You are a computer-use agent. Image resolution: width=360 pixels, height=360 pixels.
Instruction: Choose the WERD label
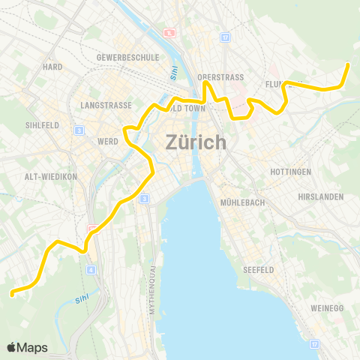(x=108, y=141)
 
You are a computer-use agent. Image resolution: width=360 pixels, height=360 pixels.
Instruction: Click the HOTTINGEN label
(x=290, y=172)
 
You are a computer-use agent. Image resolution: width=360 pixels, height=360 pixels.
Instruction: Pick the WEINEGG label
(x=327, y=308)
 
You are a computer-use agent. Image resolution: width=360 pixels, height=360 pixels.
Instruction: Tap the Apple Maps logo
(x=27, y=347)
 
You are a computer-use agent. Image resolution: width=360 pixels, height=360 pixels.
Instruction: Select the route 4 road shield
(x=91, y=269)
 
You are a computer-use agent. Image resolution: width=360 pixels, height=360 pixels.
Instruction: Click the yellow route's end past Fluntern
(x=348, y=65)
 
